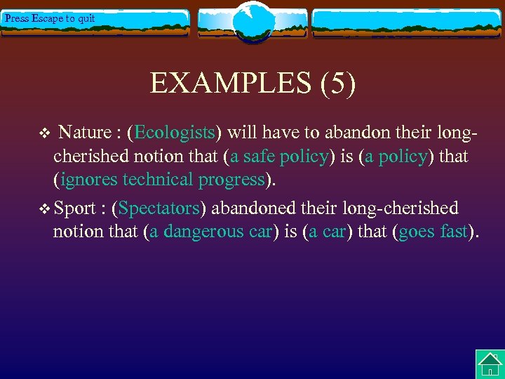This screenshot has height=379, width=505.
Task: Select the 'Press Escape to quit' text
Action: pos(49,18)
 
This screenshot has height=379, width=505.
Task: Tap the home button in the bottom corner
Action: pos(490,364)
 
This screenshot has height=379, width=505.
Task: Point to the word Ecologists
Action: pos(175,133)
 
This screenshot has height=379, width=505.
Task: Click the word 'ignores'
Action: pos(90,180)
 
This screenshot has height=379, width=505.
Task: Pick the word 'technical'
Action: pos(159,180)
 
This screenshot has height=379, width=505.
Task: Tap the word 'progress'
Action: pos(231,180)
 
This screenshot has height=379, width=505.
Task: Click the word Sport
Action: pos(74,208)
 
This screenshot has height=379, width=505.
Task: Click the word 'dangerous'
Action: pos(201,232)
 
